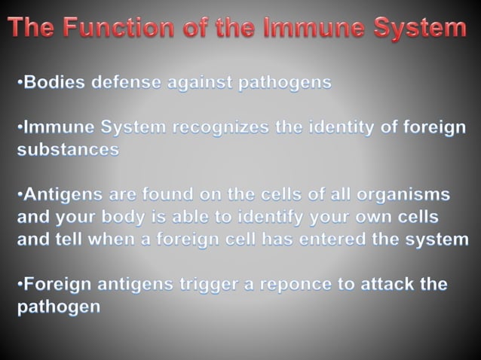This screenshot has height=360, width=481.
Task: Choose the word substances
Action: pos(68,149)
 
